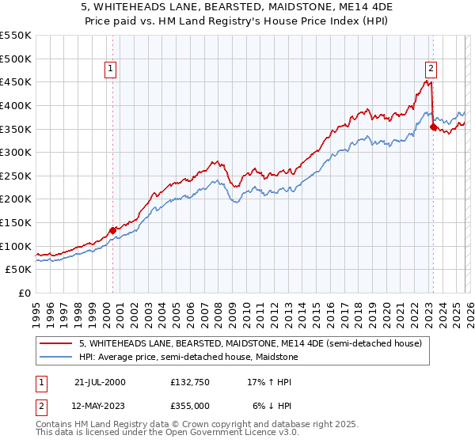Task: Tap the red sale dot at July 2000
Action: (x=112, y=230)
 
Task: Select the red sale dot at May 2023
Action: (x=433, y=127)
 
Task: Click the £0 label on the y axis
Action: (x=24, y=293)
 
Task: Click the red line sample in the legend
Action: (x=56, y=343)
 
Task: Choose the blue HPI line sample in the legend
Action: (x=56, y=357)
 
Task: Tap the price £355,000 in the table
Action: (x=189, y=405)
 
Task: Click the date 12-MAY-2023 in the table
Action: (x=100, y=405)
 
